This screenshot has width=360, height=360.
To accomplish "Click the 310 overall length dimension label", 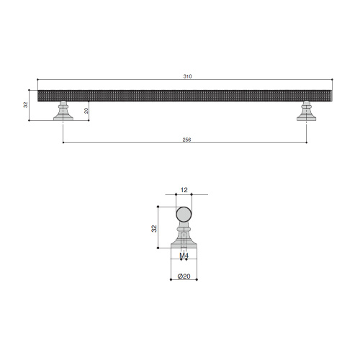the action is [x=187, y=76].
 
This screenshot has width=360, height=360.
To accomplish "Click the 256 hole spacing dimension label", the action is [x=186, y=140].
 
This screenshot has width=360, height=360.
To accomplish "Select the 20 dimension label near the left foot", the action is [x=86, y=111].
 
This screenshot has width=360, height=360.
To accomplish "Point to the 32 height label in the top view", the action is [x=26, y=105].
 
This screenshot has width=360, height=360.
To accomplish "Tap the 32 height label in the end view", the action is [x=154, y=228].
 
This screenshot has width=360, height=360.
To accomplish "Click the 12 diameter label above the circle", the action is [x=184, y=190].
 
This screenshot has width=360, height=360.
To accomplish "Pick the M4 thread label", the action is [x=184, y=256].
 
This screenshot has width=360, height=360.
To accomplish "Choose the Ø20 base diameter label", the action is [x=184, y=276].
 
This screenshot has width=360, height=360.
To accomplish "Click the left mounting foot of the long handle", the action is [x=63, y=111].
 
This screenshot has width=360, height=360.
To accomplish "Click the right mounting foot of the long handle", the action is [x=306, y=111].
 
